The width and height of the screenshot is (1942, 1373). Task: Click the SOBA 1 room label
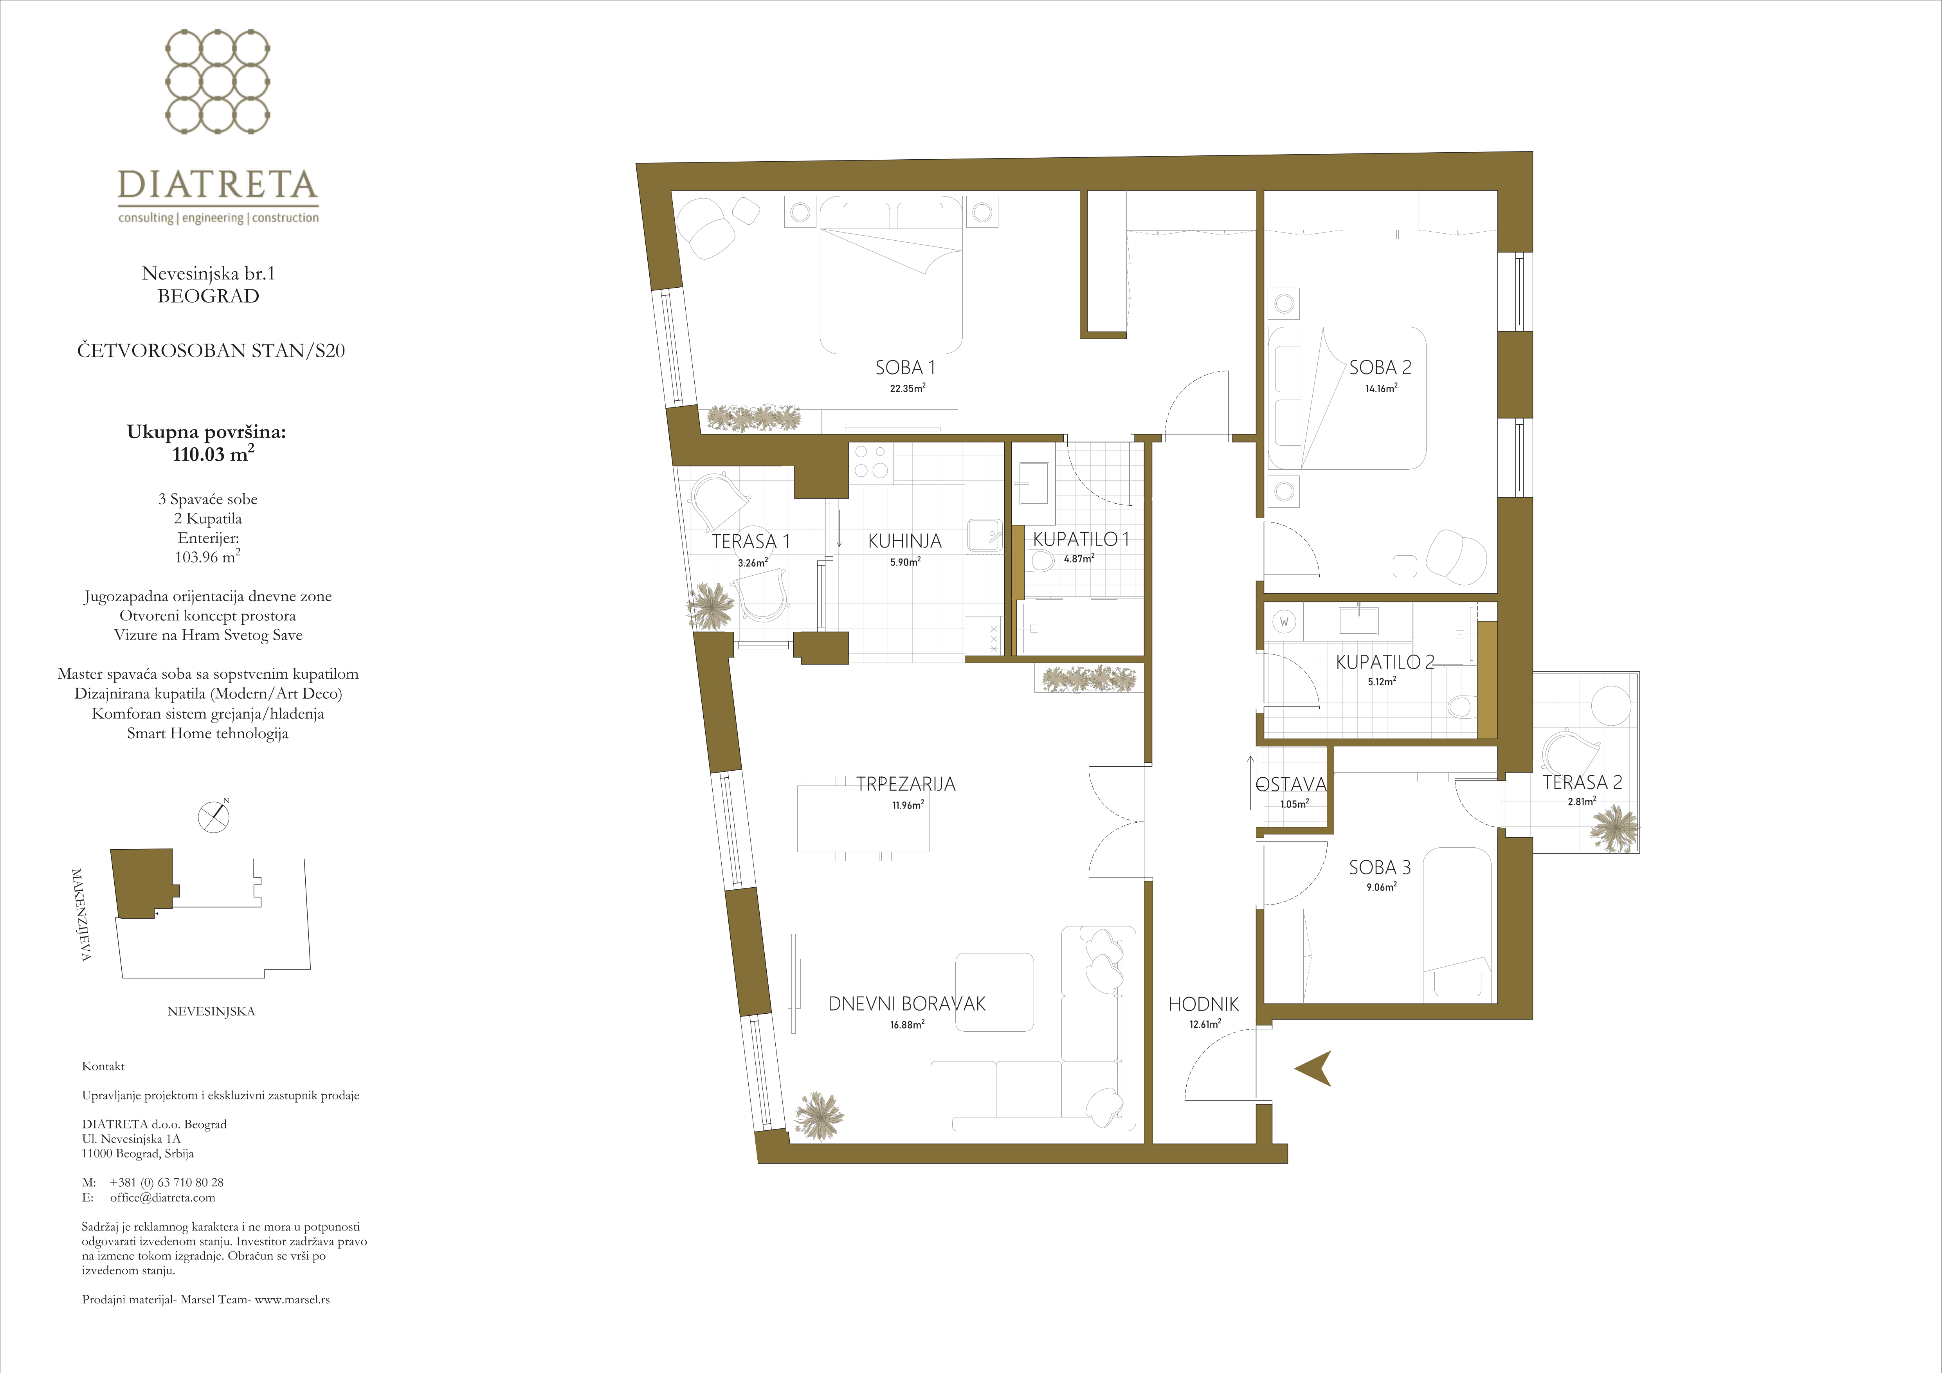[x=905, y=368]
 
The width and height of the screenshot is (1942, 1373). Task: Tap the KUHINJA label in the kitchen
[x=904, y=541]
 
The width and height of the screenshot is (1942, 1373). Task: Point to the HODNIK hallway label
[x=1203, y=1004]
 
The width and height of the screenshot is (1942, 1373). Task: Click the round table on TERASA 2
[x=1611, y=706]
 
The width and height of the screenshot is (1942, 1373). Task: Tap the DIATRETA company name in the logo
[x=217, y=184]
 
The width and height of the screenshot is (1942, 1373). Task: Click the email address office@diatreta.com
[x=162, y=1197]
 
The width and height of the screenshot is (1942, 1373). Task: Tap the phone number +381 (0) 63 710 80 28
[x=167, y=1182]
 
